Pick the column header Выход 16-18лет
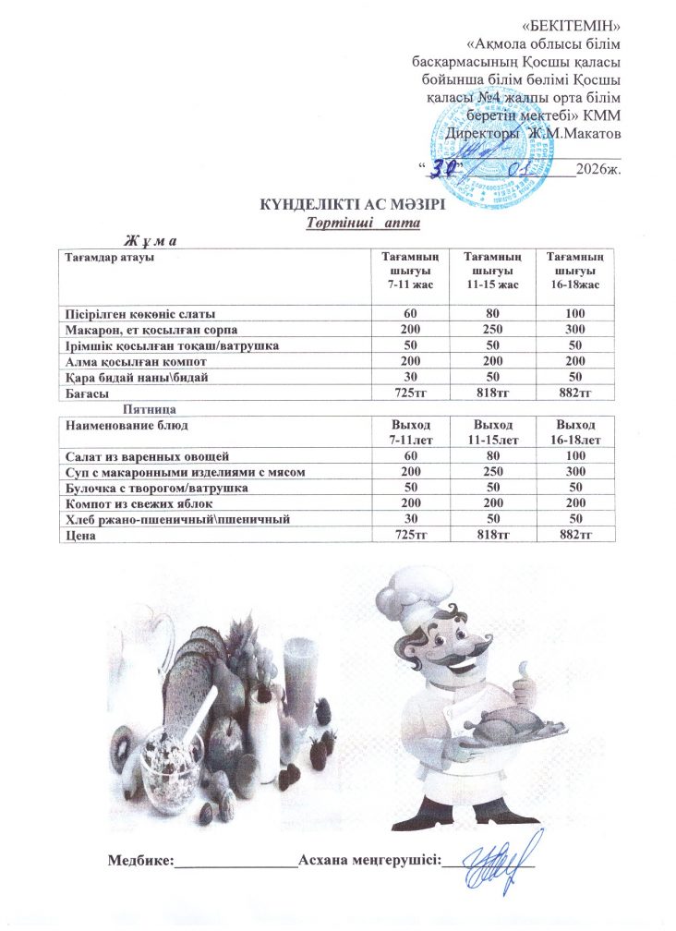pos(575,431)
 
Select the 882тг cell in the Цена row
pos(575,535)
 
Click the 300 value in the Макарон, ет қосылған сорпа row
pos(575,330)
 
